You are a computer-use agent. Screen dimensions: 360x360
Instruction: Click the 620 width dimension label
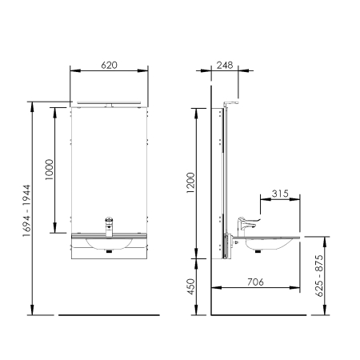(109, 66)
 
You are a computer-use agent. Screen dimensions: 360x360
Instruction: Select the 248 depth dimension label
(225, 66)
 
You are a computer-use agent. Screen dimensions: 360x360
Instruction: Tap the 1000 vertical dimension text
(50, 170)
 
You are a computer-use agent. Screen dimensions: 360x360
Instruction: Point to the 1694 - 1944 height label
(27, 210)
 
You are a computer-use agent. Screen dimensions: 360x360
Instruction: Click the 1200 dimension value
(191, 183)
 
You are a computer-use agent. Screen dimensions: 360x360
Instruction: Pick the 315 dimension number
(280, 194)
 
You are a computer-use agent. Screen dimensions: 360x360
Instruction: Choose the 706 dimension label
(255, 282)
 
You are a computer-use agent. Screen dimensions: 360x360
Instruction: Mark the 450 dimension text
(191, 286)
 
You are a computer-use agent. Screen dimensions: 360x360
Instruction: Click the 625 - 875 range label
(319, 276)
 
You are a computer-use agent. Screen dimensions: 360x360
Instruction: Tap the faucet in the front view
(109, 226)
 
